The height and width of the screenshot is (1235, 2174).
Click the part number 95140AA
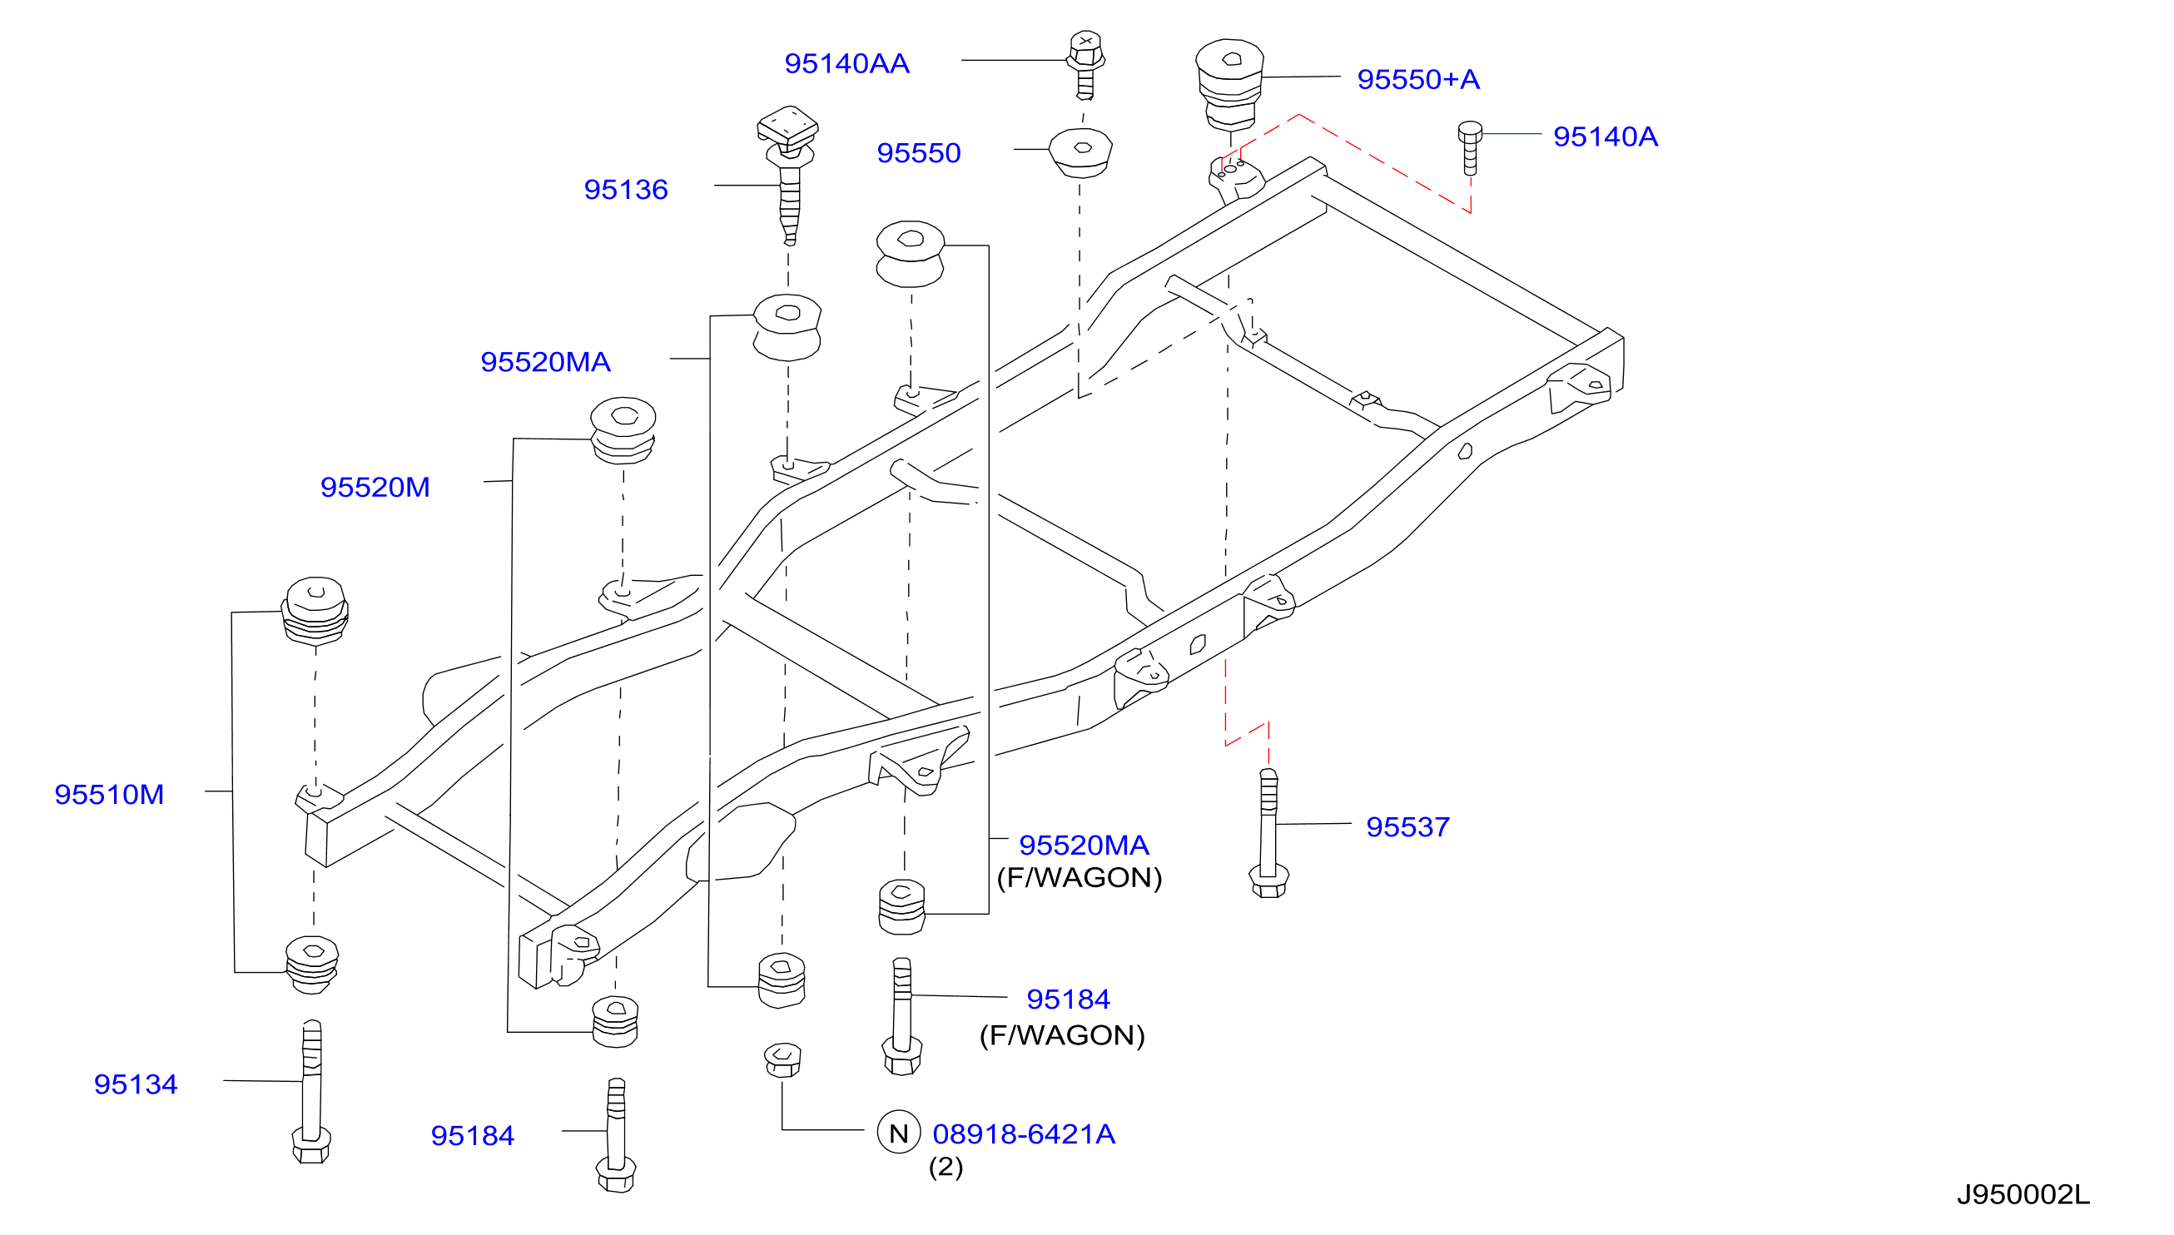coord(846,63)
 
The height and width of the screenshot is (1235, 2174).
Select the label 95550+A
coord(1418,80)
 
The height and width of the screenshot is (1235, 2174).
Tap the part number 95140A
coord(1605,136)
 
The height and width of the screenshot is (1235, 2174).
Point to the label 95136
coord(626,190)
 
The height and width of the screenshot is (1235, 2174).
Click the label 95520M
coord(375,488)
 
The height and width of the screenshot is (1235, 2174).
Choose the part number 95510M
coord(109,795)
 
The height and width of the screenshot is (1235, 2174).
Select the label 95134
coord(136,1085)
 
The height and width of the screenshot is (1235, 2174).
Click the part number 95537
coord(1408,827)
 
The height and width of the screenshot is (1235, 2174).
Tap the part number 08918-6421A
coord(1024,1134)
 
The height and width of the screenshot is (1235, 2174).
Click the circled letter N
coord(899,1133)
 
